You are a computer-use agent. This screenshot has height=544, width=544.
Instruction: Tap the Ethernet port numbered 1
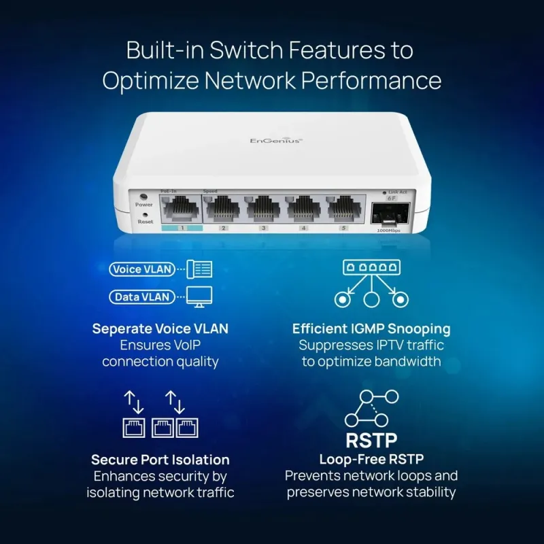(x=181, y=207)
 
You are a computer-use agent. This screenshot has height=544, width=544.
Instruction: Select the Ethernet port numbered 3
(x=263, y=207)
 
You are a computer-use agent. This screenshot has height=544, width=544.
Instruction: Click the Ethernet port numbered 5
(x=343, y=207)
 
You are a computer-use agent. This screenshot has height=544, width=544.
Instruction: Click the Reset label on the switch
(x=145, y=222)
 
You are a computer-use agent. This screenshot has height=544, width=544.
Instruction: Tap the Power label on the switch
(x=144, y=204)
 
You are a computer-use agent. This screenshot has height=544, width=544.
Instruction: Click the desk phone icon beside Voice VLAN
(x=199, y=269)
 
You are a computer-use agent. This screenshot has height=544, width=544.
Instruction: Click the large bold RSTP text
(x=371, y=439)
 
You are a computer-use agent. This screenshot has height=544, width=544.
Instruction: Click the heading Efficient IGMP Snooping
(x=371, y=329)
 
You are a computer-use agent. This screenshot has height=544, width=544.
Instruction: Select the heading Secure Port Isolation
(x=160, y=460)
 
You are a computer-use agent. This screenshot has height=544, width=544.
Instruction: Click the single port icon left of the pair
(x=133, y=427)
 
